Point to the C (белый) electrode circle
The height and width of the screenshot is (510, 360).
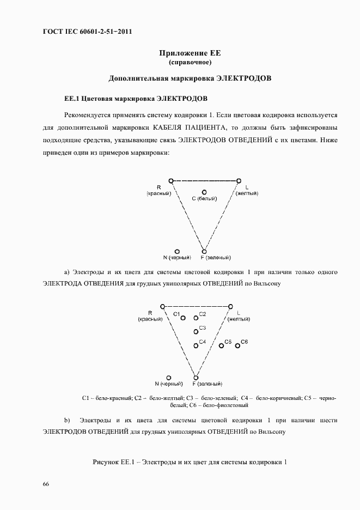point(204,192)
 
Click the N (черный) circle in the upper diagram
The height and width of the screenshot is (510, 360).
point(178,251)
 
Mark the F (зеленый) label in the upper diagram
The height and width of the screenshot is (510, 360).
point(216,257)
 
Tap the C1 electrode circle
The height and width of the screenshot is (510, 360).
point(183,318)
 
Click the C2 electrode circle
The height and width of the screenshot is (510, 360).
point(196,318)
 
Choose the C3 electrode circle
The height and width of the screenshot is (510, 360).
point(196,331)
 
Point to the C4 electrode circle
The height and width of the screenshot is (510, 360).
point(196,345)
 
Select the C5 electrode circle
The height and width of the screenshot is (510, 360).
point(221,345)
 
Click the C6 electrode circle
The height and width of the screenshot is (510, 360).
point(237,345)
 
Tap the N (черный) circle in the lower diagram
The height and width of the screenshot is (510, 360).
point(169,377)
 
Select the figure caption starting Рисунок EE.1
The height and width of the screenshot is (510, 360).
point(190,463)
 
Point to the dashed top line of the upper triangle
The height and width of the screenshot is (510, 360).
point(205,180)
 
